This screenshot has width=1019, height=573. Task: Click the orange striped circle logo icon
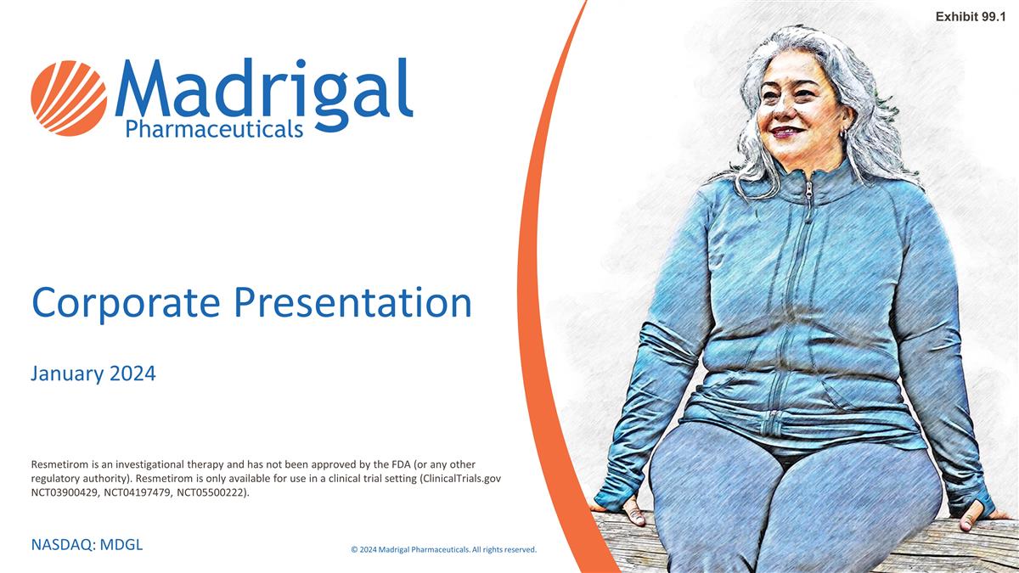coord(69,98)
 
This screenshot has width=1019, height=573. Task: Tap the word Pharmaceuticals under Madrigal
coord(214,129)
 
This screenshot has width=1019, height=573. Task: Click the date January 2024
coord(93,374)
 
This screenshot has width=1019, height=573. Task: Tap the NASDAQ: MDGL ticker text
coord(87,544)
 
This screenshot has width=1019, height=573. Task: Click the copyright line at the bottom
coord(443,549)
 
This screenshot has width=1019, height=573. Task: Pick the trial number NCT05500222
coord(212,492)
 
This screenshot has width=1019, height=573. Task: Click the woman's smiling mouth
coord(786,132)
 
